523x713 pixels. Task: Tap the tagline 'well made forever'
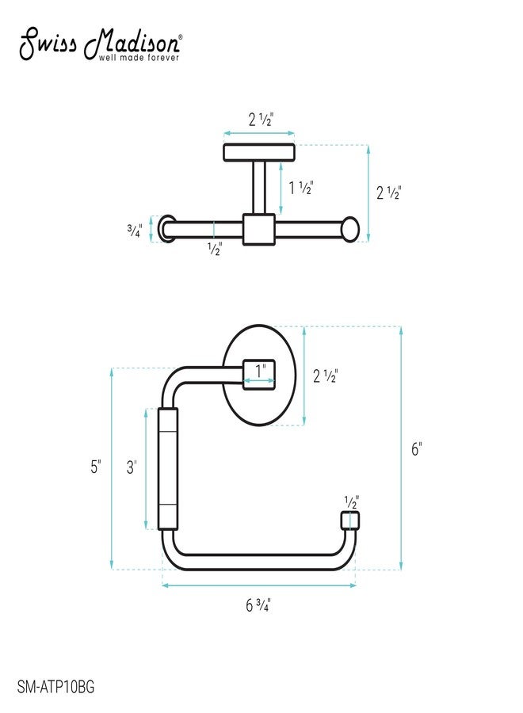[139, 58]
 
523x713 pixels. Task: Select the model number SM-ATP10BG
[56, 686]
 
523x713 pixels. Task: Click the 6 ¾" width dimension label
[258, 606]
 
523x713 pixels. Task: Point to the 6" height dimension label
[417, 449]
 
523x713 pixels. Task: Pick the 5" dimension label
[96, 467]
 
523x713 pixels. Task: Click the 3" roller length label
[132, 467]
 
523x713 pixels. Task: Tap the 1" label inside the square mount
[260, 371]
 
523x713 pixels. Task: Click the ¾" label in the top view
[135, 231]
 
